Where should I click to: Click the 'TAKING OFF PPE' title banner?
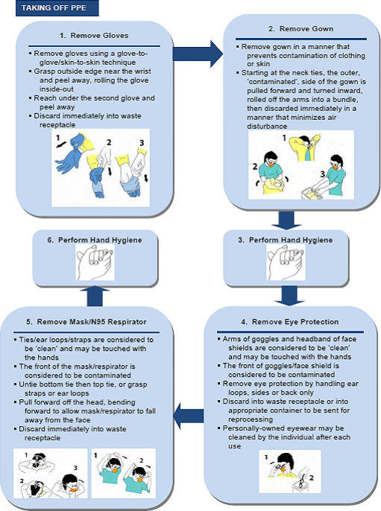coord(57,7)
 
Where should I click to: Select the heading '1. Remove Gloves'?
coord(94,36)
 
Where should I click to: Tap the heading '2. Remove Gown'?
coord(300,28)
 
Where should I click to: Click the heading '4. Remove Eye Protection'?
coord(290,322)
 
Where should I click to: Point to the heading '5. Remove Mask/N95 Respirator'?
coord(86,322)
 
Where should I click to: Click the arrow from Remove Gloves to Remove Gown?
coord(198,54)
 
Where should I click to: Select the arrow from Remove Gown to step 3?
coord(287,220)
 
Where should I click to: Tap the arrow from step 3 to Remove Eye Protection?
coord(289,296)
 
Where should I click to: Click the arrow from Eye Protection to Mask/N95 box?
coord(188,416)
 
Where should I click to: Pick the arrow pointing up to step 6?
coord(95,296)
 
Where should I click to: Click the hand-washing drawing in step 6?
coord(95,262)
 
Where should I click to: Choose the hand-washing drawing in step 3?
coord(286,262)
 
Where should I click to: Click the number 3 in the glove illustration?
coord(142,143)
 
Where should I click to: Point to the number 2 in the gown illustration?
coord(255,167)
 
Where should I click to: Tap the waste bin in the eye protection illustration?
coord(300,483)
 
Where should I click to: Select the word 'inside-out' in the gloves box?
coord(57,89)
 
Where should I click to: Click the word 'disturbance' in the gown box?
coord(267,126)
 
